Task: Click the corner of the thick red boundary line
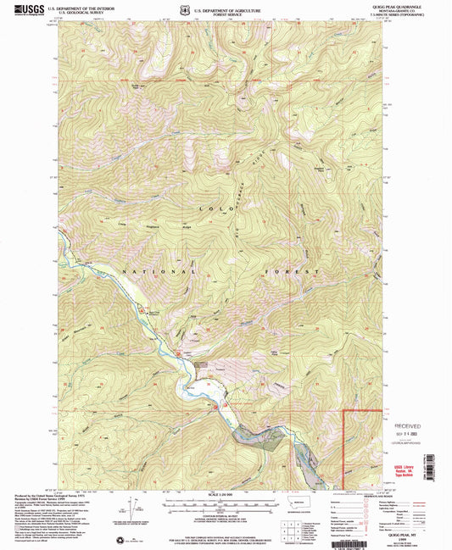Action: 343,411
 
